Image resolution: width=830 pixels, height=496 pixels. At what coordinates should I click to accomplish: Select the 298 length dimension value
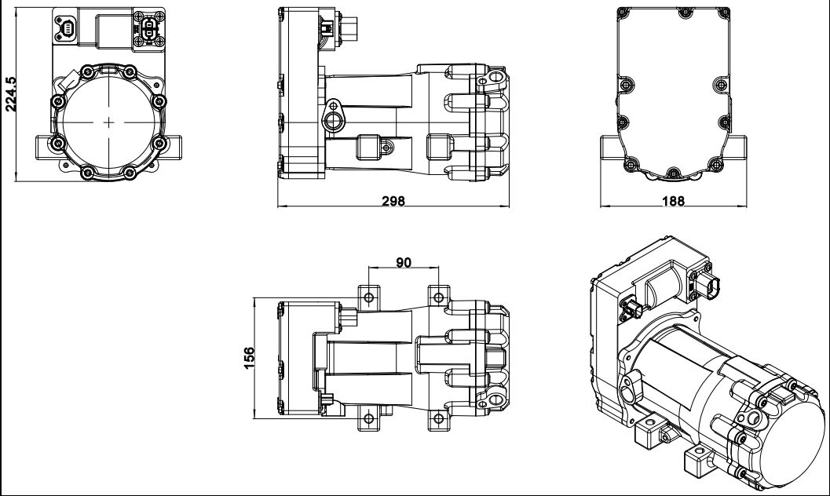(393, 201)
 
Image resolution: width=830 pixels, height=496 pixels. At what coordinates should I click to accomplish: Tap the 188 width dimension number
(673, 201)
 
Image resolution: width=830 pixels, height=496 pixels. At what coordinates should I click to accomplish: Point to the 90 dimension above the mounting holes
(404, 263)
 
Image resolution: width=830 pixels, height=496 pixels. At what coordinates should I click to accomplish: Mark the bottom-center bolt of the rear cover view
(674, 171)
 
